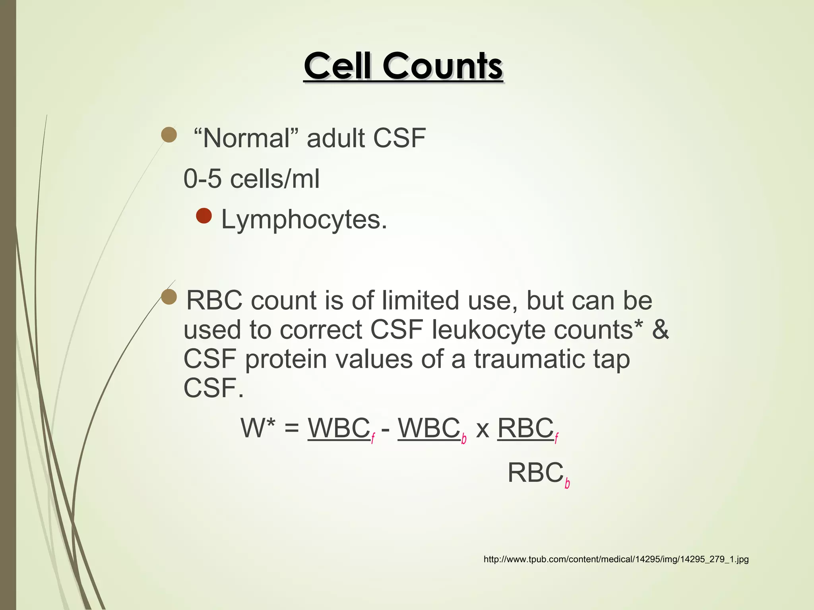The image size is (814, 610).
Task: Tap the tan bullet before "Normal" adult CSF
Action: click(169, 135)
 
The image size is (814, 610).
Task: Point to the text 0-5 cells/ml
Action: click(251, 179)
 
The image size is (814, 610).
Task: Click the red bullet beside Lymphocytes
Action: click(204, 216)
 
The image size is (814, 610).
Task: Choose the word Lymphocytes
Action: click(304, 219)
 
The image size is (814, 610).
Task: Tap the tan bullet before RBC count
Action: click(169, 297)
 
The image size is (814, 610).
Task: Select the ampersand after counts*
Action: click(661, 330)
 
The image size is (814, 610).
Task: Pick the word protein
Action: click(289, 359)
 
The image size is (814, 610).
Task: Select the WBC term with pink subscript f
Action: click(341, 429)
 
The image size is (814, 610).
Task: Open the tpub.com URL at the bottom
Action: click(616, 560)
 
